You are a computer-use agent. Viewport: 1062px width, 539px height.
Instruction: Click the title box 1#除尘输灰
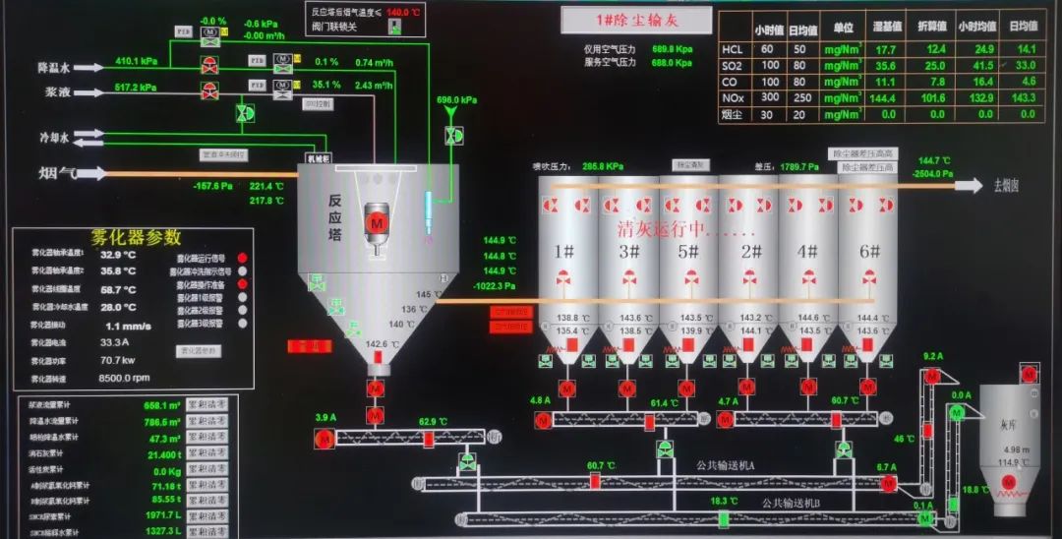pyautogui.click(x=637, y=20)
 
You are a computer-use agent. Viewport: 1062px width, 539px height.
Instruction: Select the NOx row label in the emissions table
pyautogui.click(x=733, y=97)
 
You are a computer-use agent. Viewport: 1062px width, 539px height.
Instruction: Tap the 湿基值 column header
pyautogui.click(x=884, y=29)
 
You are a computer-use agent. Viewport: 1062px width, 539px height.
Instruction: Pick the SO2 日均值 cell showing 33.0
pyautogui.click(x=1026, y=65)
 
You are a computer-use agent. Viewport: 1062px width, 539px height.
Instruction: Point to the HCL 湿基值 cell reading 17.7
pyautogui.click(x=885, y=49)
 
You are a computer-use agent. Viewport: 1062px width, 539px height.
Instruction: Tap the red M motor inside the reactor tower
pyautogui.click(x=376, y=220)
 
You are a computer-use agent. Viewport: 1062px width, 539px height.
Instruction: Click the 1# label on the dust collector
pyautogui.click(x=563, y=252)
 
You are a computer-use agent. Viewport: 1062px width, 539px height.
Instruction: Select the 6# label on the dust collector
pyautogui.click(x=869, y=252)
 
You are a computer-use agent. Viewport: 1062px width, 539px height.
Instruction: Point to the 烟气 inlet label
pyautogui.click(x=57, y=174)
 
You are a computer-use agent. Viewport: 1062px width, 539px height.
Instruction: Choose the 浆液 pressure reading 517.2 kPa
pyautogui.click(x=137, y=88)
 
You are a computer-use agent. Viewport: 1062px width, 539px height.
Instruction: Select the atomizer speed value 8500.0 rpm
pyautogui.click(x=124, y=378)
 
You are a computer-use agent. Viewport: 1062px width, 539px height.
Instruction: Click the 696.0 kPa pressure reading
pyautogui.click(x=456, y=100)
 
